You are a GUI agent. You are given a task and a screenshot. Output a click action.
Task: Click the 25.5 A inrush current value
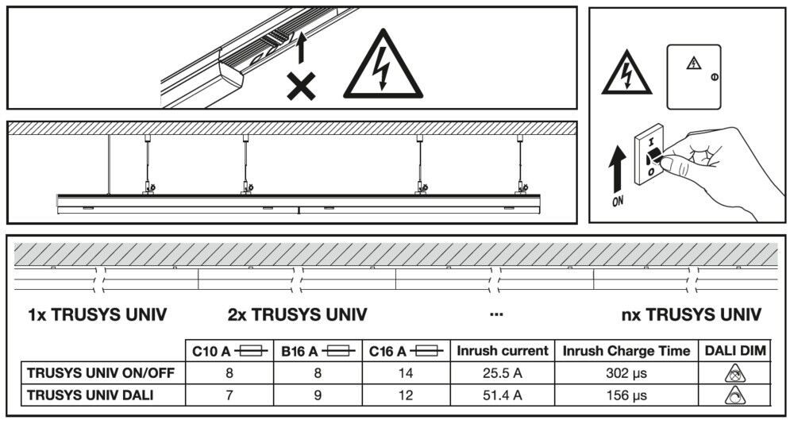502,372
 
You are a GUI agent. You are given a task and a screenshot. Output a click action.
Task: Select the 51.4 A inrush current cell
502,395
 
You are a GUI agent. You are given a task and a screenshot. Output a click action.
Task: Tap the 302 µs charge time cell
627,372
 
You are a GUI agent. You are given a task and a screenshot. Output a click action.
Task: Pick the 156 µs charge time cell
627,395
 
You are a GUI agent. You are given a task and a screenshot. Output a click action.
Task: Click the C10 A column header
229,350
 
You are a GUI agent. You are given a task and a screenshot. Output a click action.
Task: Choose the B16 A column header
317,350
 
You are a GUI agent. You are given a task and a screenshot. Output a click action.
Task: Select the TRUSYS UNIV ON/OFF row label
101,372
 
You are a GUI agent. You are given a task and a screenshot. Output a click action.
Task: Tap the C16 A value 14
405,372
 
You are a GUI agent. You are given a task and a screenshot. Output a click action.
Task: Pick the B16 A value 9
317,395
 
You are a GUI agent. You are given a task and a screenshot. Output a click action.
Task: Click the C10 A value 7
229,395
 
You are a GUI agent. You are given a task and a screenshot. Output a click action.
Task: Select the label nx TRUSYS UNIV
692,315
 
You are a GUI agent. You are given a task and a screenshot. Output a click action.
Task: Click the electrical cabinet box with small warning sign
694,75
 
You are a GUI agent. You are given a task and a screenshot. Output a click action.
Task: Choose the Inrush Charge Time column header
627,350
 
